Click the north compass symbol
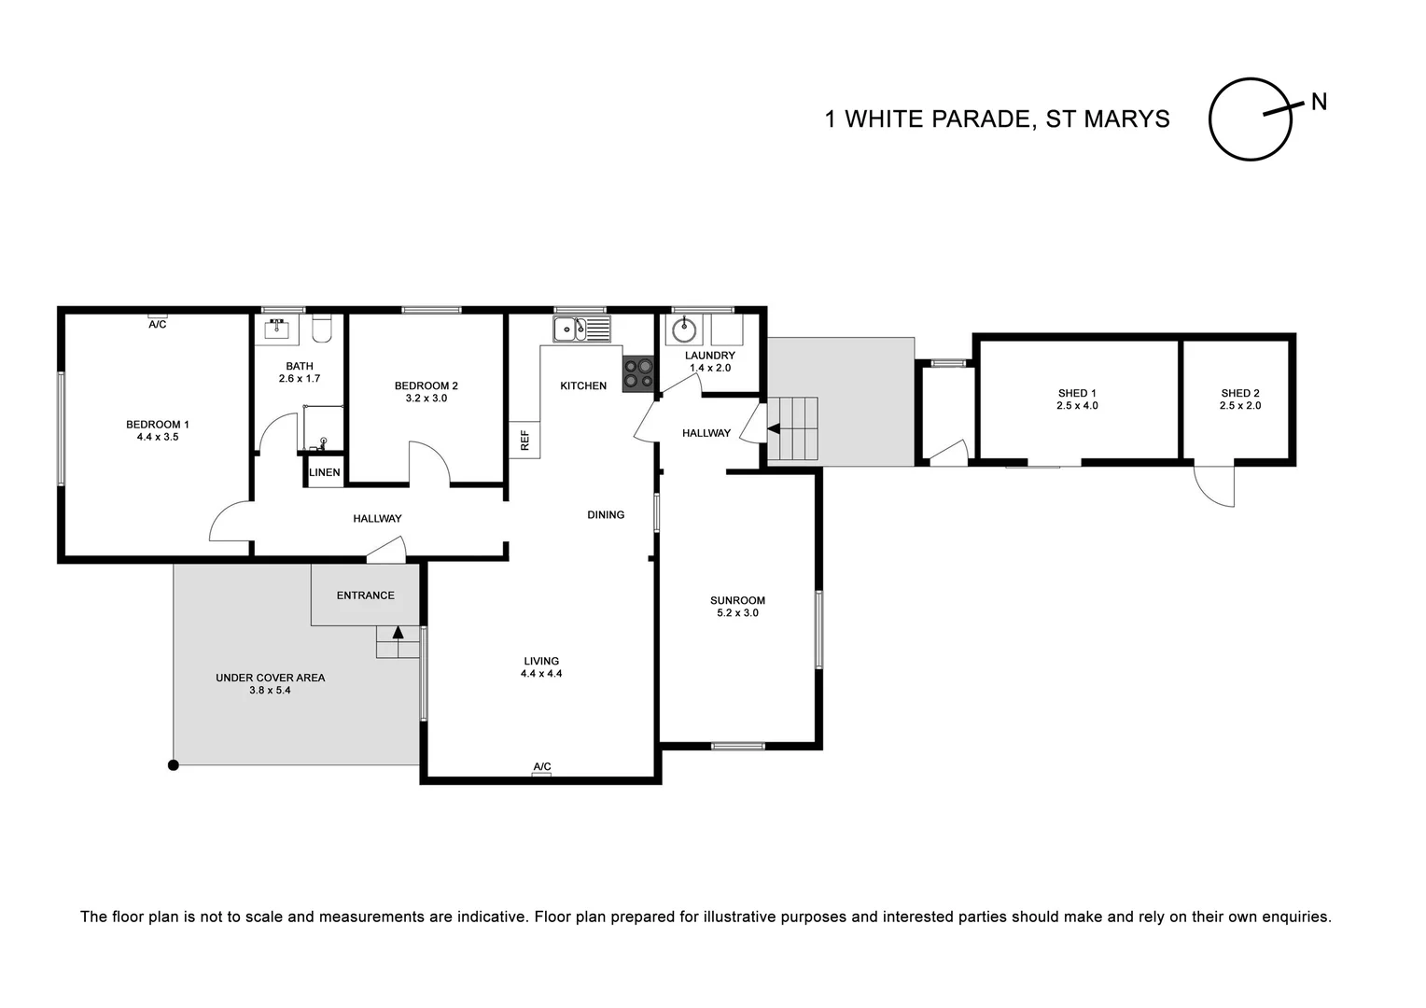[1251, 119]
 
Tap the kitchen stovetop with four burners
[638, 373]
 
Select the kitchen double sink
[580, 329]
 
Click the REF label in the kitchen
[524, 440]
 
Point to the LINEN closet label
[325, 472]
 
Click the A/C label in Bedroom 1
[157, 324]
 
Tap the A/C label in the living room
[541, 767]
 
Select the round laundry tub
[684, 329]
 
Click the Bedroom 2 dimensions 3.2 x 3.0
[426, 399]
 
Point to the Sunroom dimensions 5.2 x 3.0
[737, 613]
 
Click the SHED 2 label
[1239, 393]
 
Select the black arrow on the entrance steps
[398, 632]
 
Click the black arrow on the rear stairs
[773, 429]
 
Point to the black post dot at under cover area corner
[173, 765]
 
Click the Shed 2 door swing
[1216, 486]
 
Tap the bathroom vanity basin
[276, 329]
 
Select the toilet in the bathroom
[322, 329]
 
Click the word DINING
[606, 514]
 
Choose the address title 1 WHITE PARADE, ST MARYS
[997, 119]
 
